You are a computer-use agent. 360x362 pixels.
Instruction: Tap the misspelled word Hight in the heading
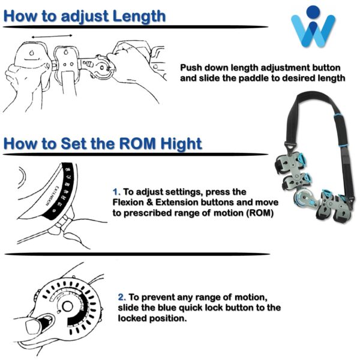pos(181,144)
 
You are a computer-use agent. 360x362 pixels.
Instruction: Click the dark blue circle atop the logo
pos(313,11)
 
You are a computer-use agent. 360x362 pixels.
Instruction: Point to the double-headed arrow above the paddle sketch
pos(52,36)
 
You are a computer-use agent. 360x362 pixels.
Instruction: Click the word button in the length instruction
pos(326,68)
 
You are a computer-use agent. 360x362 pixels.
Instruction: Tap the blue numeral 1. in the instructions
pos(116,192)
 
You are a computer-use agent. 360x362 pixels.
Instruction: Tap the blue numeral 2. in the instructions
pos(122,297)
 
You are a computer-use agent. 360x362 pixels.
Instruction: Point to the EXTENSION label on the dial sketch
pos(53,195)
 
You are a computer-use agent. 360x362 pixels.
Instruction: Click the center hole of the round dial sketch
pos(68,307)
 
